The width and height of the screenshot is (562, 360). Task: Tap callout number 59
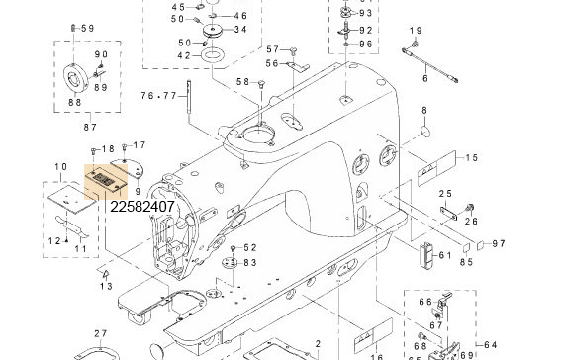87,28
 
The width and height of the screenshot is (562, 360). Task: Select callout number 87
89,127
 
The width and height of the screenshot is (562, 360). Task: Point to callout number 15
472,158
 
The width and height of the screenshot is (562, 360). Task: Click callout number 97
499,243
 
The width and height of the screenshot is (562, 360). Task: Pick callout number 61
445,255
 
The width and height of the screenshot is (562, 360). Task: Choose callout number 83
249,263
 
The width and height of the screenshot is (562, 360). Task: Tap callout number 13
106,286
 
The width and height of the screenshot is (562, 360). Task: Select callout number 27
100,333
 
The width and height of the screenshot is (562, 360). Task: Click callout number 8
424,110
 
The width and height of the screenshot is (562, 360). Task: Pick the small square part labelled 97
478,241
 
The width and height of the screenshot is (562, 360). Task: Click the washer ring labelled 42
211,56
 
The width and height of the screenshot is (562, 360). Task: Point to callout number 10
61,167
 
